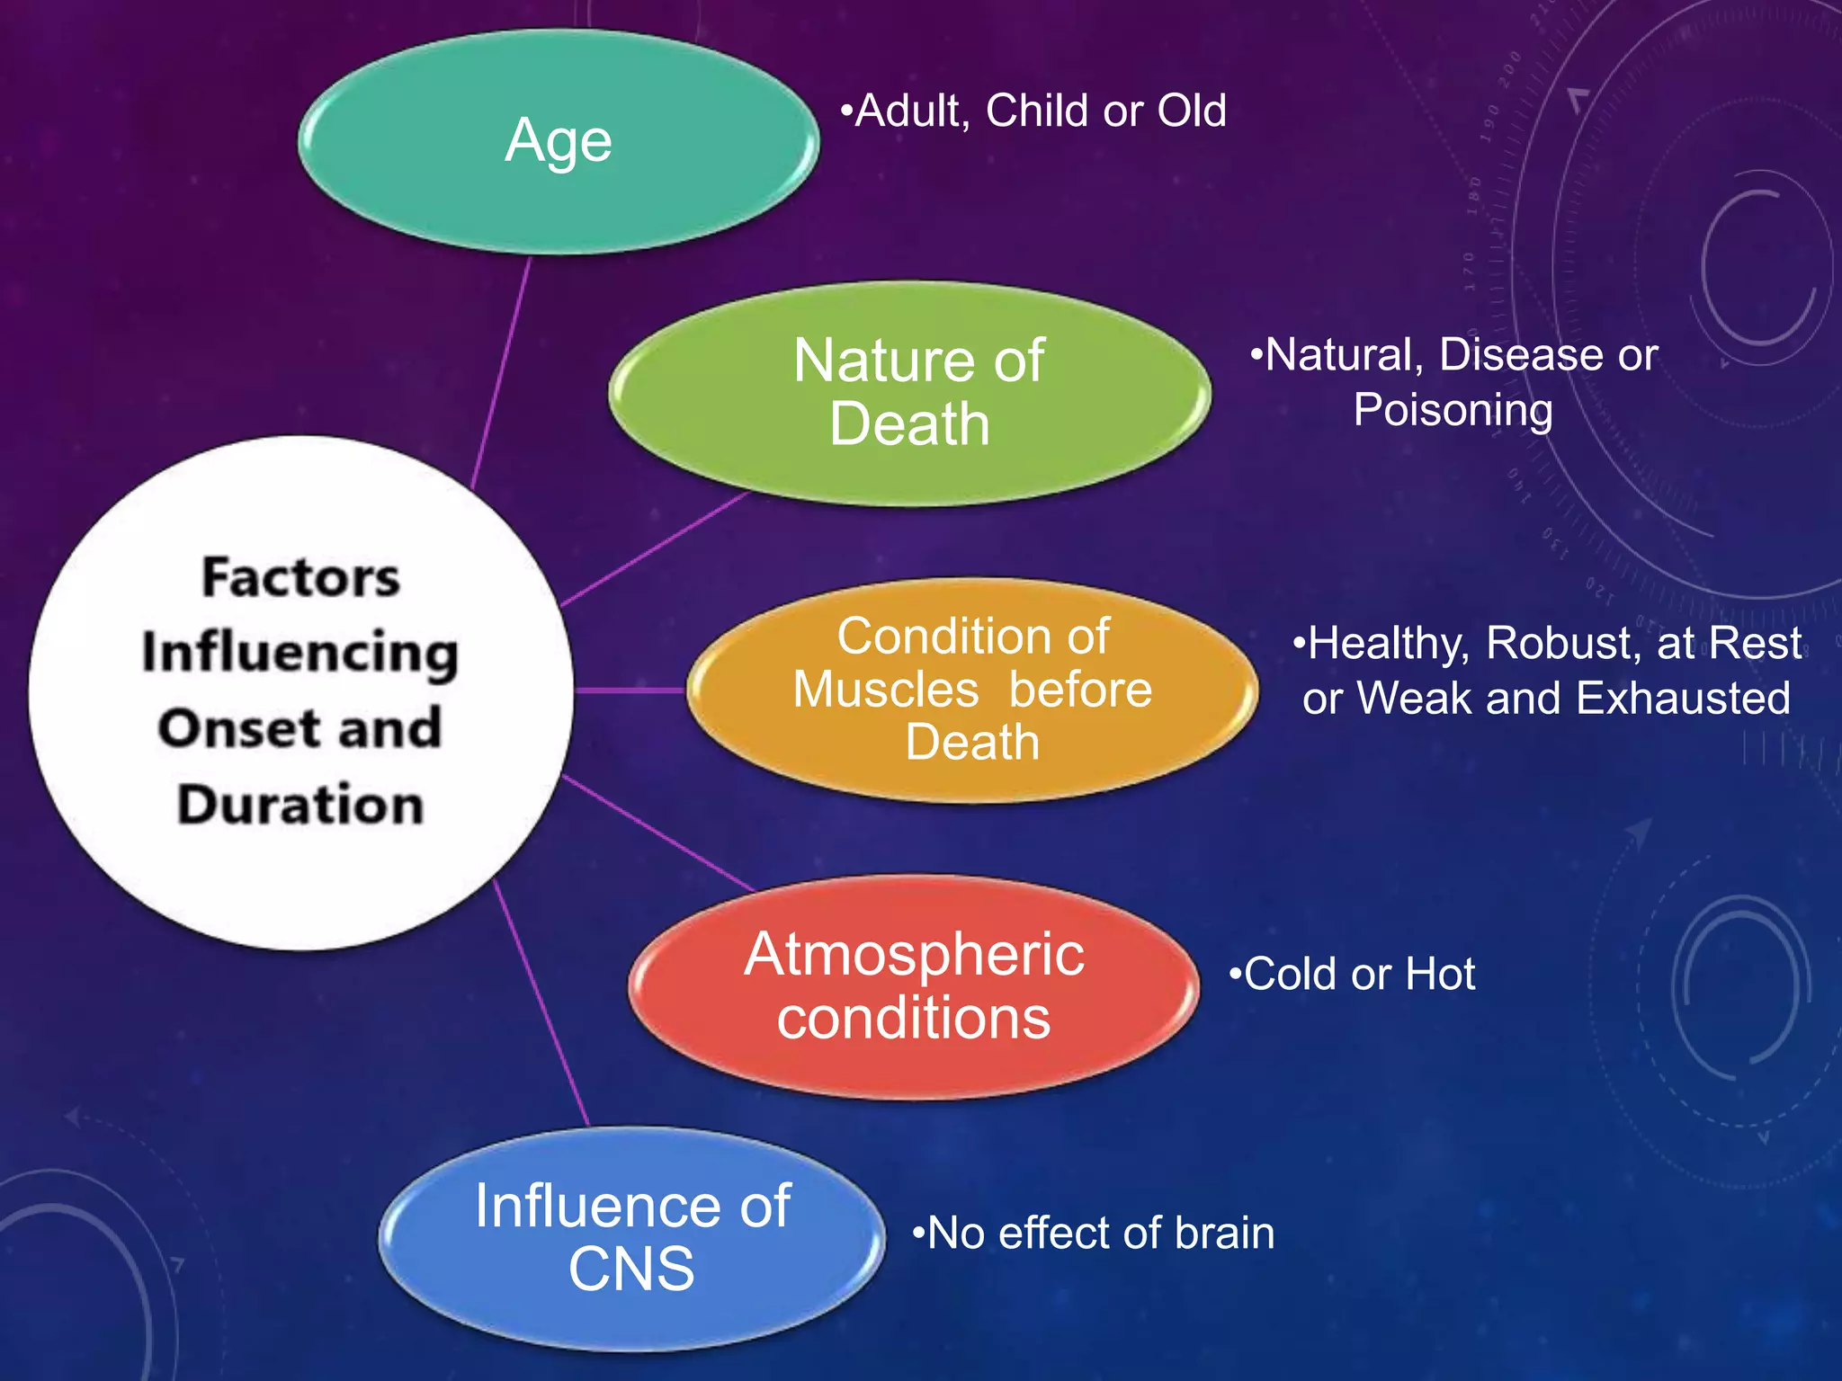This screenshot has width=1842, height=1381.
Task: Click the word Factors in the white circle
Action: point(300,577)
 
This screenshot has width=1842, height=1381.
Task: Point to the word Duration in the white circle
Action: point(300,804)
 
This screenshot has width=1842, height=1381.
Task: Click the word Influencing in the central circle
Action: point(300,653)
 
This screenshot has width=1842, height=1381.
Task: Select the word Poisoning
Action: point(1453,411)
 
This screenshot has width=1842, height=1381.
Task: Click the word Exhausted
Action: point(1683,699)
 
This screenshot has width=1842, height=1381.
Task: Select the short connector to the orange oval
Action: point(630,690)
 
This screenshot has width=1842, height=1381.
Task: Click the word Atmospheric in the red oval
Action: point(914,955)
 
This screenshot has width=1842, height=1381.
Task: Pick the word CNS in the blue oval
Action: point(631,1270)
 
